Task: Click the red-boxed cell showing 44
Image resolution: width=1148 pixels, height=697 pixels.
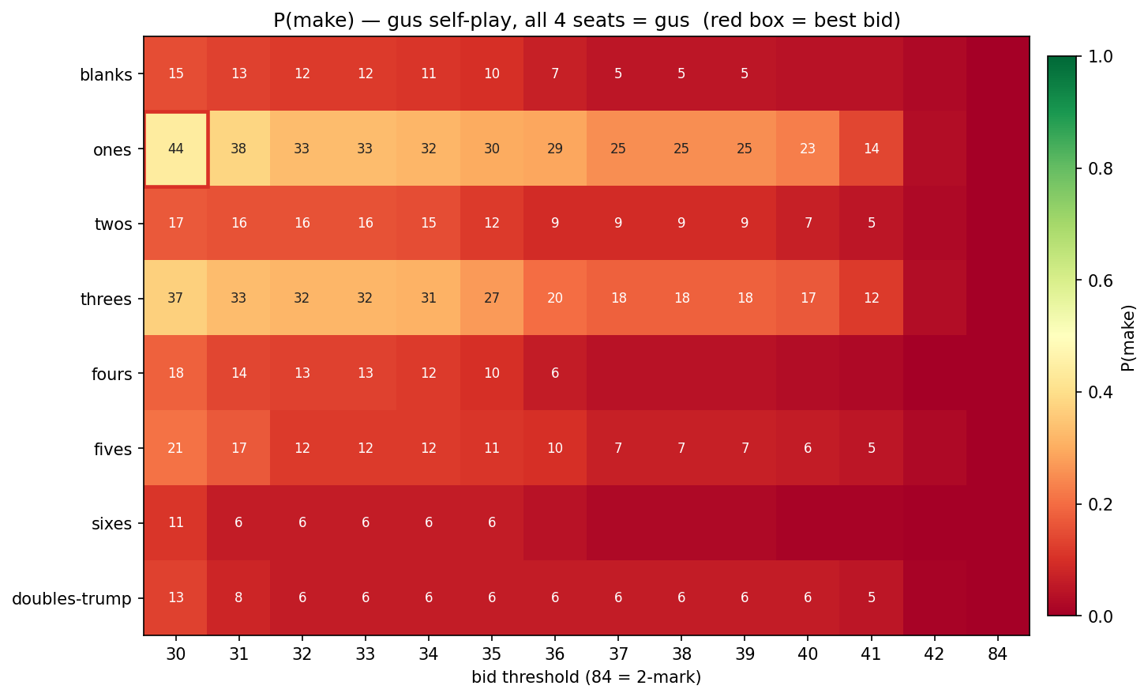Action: [176, 149]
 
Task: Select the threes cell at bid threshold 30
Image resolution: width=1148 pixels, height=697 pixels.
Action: [176, 298]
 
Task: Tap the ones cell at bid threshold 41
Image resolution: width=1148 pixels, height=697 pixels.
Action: [871, 149]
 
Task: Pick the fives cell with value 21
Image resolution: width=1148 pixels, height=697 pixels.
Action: [176, 448]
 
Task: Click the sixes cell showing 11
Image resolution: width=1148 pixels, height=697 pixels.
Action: [176, 523]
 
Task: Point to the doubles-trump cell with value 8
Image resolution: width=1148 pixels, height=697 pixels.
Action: [239, 597]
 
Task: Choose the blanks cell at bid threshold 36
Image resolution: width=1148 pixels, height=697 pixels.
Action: [555, 73]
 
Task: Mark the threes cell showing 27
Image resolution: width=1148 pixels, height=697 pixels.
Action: [492, 298]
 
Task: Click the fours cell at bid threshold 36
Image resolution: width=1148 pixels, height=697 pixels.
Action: [555, 373]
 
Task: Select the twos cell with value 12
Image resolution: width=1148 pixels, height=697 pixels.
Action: [492, 224]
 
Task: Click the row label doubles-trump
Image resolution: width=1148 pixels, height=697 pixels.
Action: [72, 598]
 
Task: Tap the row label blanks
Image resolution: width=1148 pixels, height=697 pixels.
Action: [106, 75]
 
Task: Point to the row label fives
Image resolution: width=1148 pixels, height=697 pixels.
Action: [111, 449]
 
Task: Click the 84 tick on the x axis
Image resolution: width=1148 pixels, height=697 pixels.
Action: [997, 655]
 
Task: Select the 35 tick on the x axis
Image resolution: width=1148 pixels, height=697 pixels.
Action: [492, 655]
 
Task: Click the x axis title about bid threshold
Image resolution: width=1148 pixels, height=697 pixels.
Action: [586, 677]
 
